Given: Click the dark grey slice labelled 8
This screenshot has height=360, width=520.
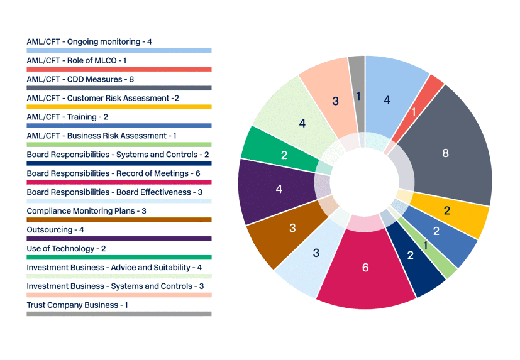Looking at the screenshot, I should [x=445, y=153].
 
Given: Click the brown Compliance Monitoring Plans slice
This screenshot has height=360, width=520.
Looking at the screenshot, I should [x=292, y=229].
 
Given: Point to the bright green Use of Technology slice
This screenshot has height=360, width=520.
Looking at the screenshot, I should [x=284, y=155].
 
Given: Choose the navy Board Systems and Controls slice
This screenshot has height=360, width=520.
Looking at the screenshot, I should [x=411, y=255].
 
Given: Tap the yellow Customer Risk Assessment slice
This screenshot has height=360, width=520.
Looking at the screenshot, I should [x=447, y=211].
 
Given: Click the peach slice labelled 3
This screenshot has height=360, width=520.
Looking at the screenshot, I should [x=335, y=101].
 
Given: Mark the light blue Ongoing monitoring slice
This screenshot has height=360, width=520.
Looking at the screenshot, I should [x=387, y=99].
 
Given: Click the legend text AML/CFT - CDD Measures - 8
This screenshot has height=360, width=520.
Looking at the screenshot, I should [x=80, y=79].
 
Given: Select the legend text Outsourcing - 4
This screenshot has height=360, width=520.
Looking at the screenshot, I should [x=55, y=230].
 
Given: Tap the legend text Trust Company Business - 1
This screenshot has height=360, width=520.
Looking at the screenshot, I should [x=77, y=305].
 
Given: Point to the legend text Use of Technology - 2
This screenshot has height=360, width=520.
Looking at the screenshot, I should [x=66, y=249].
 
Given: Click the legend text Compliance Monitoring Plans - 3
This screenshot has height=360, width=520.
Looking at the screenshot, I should [x=86, y=211].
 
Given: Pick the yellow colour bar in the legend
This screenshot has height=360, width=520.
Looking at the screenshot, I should [x=119, y=107].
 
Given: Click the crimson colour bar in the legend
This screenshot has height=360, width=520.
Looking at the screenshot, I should [x=119, y=182].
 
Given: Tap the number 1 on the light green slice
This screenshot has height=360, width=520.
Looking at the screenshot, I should [x=426, y=246].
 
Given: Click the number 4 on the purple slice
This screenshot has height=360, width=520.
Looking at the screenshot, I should [x=279, y=189].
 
